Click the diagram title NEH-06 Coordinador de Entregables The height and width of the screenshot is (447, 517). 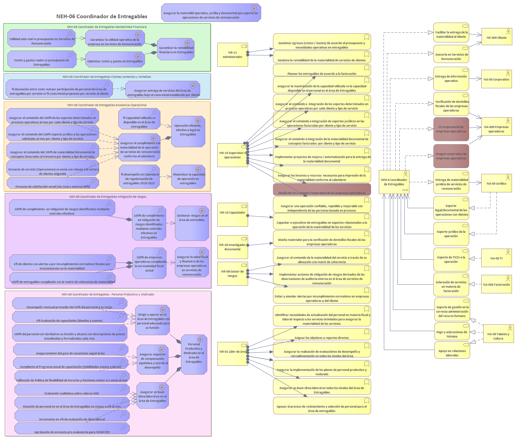point(101,16)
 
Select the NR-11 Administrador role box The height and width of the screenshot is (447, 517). point(233,55)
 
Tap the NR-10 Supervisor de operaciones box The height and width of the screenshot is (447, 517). point(233,155)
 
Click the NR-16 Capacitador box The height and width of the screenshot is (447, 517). point(233,214)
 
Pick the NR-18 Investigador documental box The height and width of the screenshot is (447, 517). point(233,247)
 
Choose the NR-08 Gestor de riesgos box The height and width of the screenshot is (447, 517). point(233,274)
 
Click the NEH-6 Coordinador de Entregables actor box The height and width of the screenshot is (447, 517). point(394,182)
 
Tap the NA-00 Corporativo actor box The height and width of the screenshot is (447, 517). point(496,79)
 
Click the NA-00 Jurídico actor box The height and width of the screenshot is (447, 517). point(496,184)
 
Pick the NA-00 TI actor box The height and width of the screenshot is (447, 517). point(496,258)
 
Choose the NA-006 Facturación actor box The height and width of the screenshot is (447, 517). point(496,285)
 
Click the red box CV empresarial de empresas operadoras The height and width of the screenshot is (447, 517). point(451,129)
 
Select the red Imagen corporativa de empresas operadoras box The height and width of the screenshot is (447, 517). point(451,156)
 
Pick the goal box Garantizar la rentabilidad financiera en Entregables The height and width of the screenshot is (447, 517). point(176,49)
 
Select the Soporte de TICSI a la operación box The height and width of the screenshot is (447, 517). point(451,259)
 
